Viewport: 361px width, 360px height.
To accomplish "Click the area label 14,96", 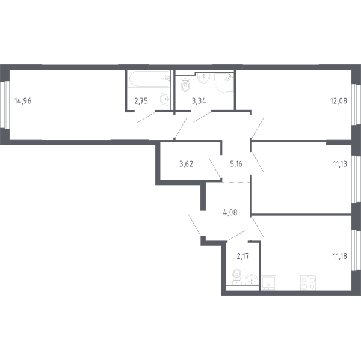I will coord(22,100).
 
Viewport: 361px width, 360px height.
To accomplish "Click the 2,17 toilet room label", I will coord(242,256).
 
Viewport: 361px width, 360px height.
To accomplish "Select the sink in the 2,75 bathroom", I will coord(164,100).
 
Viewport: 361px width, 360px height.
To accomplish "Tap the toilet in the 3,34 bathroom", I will coord(185,85).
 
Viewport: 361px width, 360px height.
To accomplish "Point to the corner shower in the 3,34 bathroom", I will coord(228,81).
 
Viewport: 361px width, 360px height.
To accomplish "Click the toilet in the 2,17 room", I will coord(236,278).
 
